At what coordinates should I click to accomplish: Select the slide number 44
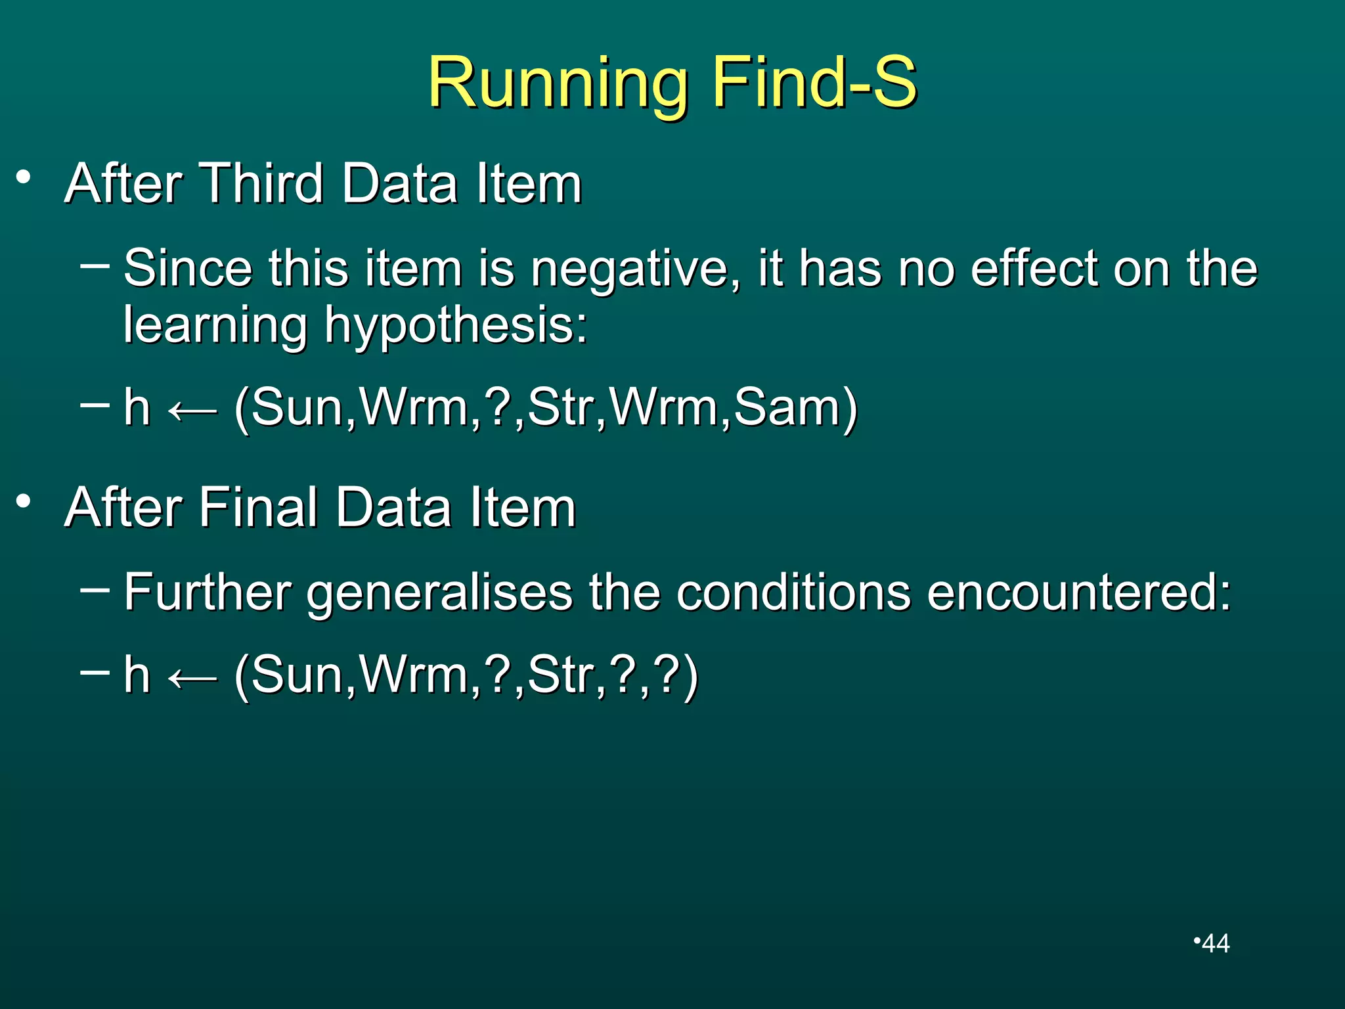click(1215, 943)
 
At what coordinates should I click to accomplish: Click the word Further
click(208, 592)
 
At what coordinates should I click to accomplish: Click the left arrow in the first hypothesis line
click(192, 411)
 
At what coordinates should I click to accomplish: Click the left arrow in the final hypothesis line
click(192, 678)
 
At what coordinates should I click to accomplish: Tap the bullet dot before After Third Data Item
click(24, 177)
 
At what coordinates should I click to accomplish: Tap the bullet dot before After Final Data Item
click(24, 502)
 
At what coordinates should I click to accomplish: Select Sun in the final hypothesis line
click(295, 675)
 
